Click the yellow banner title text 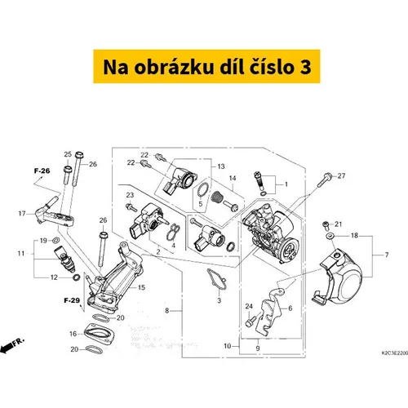click(207, 67)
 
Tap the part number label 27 click(341, 176)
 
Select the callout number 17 click(22, 214)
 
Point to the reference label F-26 click(42, 171)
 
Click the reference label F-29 click(72, 300)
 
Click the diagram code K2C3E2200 click(395, 353)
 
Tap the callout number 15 click(142, 287)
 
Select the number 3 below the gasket click(220, 300)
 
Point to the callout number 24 click(249, 306)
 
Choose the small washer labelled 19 click(56, 240)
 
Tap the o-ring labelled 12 click(77, 277)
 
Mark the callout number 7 click(387, 255)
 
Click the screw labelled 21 click(326, 225)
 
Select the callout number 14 click(233, 178)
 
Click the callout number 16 click(73, 334)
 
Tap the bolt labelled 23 click(131, 207)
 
